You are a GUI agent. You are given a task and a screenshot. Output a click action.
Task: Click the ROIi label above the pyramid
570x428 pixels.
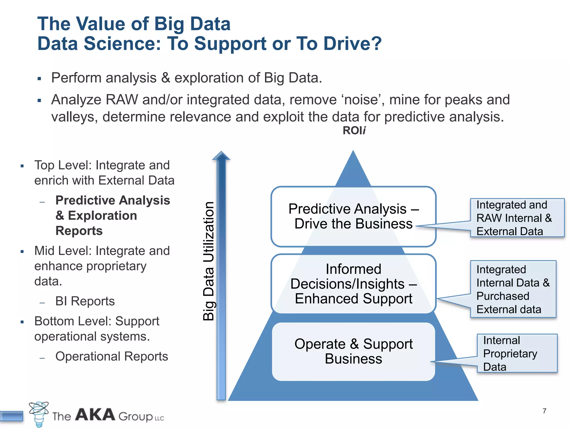(x=354, y=130)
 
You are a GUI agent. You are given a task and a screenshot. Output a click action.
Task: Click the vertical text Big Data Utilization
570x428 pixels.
(x=208, y=261)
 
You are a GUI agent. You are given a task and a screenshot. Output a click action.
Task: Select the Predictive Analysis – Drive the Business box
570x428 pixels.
(x=353, y=216)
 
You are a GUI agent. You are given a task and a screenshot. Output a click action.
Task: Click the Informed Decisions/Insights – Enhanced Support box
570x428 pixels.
(x=353, y=284)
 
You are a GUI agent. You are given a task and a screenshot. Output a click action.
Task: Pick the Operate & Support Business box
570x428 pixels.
(x=353, y=351)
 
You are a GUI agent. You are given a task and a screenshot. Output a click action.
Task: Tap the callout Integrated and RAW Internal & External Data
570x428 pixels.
(x=517, y=218)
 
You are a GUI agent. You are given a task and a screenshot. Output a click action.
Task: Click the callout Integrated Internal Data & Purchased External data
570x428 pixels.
(x=513, y=289)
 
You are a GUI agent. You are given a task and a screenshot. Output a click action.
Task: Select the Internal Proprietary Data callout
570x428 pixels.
(x=517, y=353)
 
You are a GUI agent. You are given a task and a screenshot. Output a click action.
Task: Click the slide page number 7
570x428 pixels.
(x=544, y=411)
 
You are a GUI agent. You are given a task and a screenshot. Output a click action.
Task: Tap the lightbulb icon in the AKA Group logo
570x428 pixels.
(x=39, y=414)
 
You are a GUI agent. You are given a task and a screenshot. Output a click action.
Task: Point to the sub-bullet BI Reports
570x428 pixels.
(x=85, y=301)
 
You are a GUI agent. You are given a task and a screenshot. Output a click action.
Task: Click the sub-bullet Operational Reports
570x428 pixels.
(x=112, y=356)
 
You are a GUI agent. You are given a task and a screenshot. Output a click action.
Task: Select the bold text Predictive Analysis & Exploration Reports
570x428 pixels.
(x=112, y=215)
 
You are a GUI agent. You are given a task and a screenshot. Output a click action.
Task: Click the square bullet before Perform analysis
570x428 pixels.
(x=39, y=79)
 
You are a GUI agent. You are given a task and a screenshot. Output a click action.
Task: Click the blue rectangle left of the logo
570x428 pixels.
(x=11, y=416)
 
